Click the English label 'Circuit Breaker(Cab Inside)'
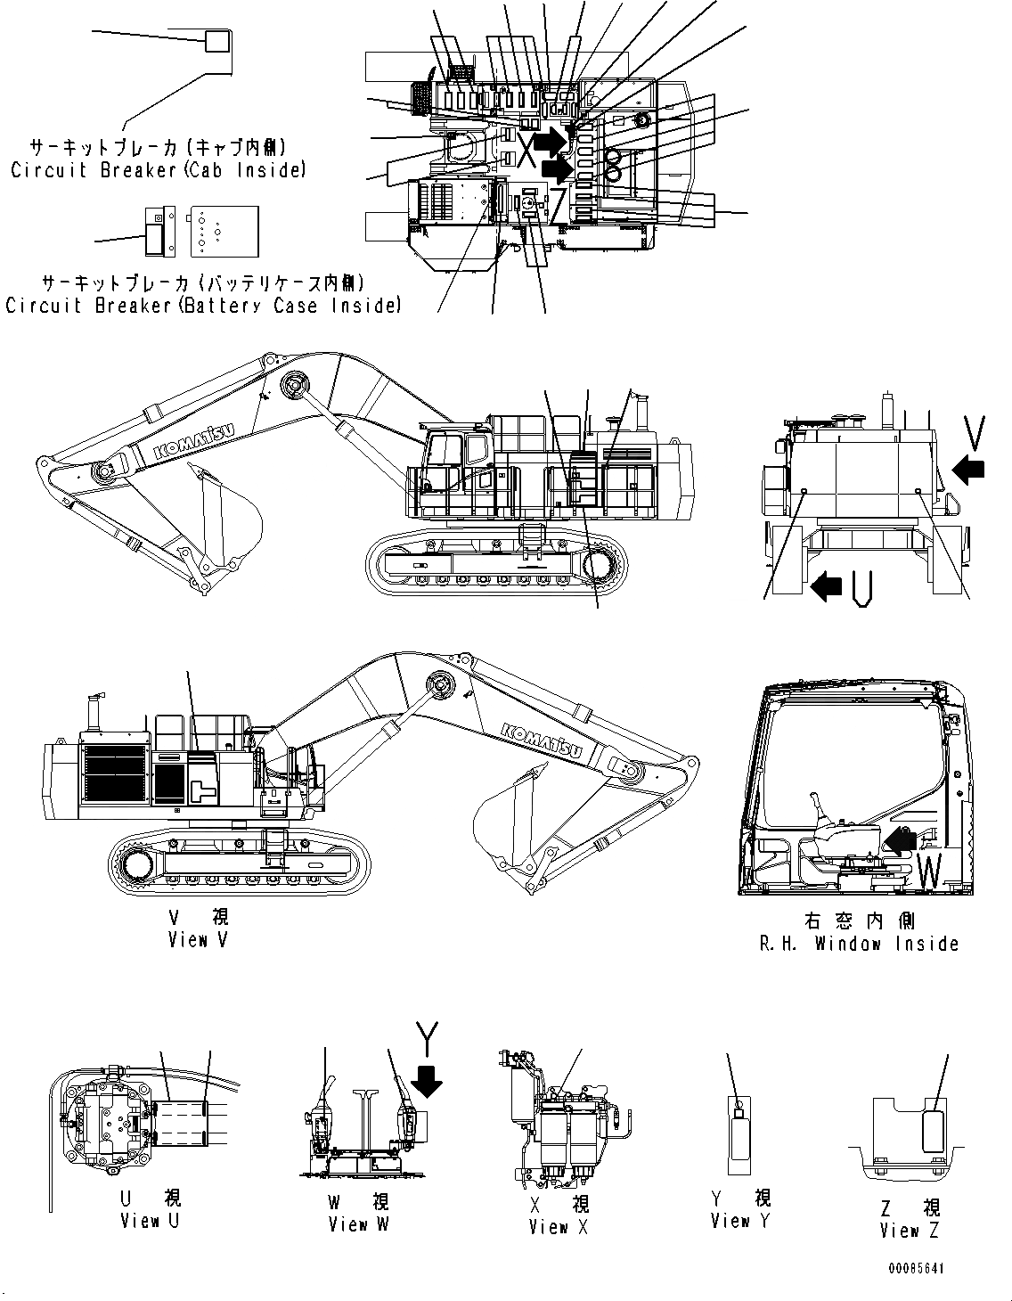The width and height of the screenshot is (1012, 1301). click(158, 169)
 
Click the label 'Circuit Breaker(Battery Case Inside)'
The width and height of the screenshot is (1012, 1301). click(203, 306)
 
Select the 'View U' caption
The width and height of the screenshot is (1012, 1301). click(150, 1220)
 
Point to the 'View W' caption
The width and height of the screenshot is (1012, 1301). click(358, 1223)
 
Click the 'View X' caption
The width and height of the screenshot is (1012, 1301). click(559, 1227)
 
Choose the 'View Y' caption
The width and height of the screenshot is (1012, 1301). click(740, 1221)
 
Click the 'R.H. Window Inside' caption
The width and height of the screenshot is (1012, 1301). click(859, 944)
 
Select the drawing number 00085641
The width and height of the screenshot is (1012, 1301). click(915, 1268)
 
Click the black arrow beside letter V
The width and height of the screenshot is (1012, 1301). click(969, 468)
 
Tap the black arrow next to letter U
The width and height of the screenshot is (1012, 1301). click(827, 585)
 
